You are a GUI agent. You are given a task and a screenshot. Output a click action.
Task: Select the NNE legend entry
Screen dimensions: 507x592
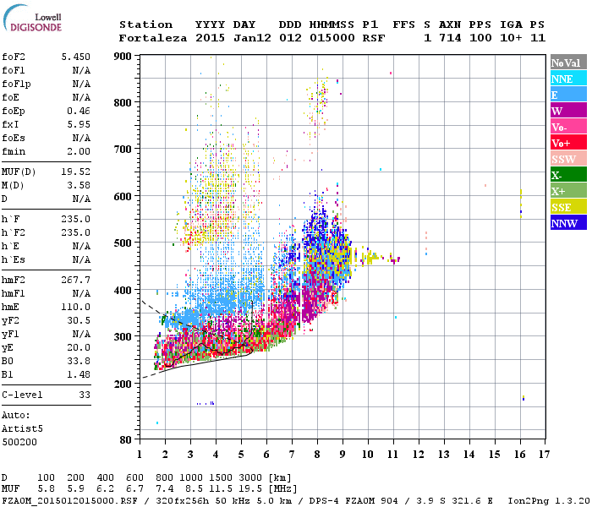pyautogui.click(x=567, y=79)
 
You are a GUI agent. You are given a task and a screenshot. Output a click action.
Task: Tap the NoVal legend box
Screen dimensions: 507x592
pyautogui.click(x=567, y=63)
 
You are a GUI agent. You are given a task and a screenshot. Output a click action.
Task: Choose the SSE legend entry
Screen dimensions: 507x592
pyautogui.click(x=567, y=207)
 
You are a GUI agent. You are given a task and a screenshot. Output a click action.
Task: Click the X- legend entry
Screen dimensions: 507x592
pyautogui.click(x=567, y=175)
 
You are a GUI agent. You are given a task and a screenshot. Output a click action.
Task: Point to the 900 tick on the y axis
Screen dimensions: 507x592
pyautogui.click(x=123, y=56)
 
